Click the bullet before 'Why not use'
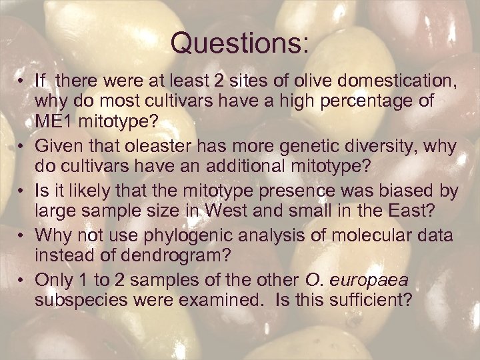click(x=22, y=235)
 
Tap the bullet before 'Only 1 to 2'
click(x=22, y=279)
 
